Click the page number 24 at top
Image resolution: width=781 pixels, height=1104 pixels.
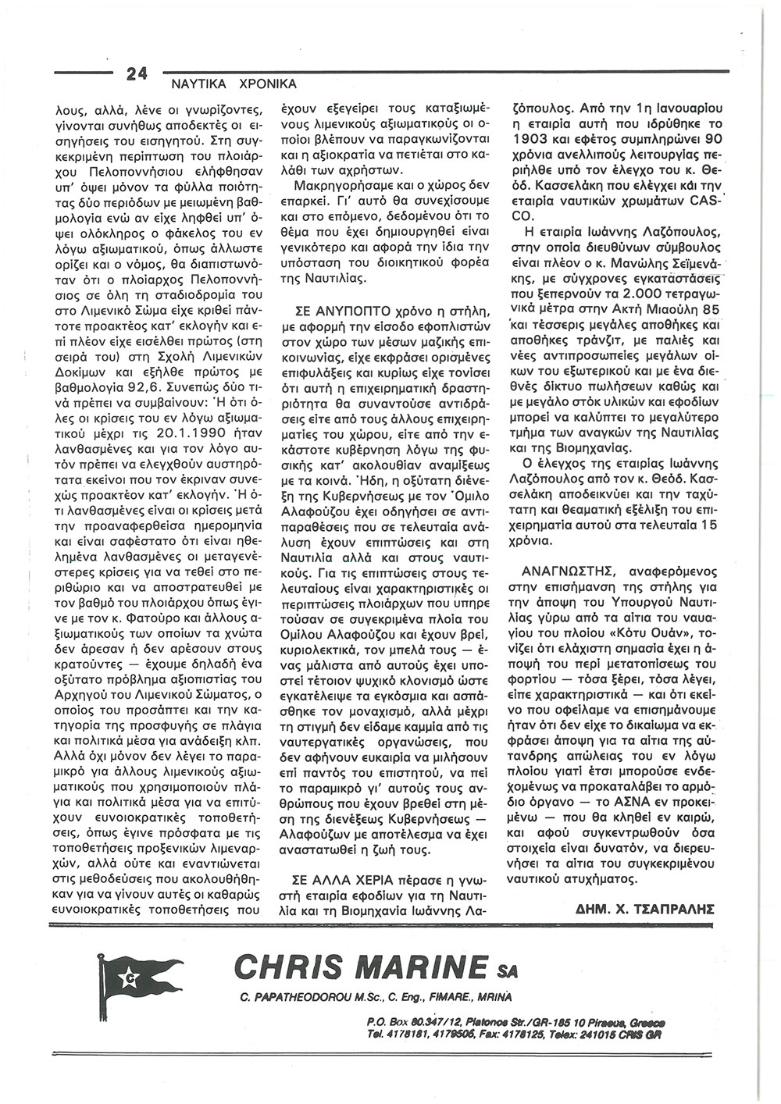136,74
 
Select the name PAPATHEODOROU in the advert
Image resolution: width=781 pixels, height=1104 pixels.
297,1000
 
